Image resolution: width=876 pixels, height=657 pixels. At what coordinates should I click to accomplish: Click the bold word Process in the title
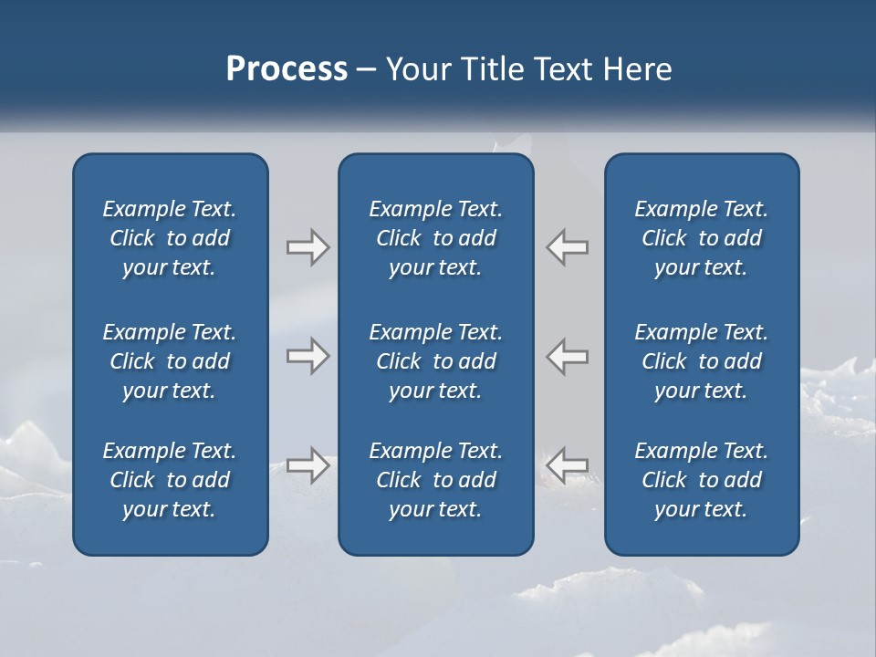click(x=287, y=69)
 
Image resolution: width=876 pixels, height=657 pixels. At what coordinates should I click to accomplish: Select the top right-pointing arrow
click(x=308, y=247)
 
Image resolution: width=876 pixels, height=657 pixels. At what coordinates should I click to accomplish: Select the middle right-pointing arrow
click(x=308, y=356)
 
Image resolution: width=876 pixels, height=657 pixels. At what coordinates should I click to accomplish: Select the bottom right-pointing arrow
click(x=308, y=466)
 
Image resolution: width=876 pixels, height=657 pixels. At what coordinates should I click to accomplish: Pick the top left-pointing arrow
click(x=568, y=247)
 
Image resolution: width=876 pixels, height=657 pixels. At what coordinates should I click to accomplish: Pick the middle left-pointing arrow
click(x=568, y=356)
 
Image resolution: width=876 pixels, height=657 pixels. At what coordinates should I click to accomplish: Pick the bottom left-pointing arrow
click(x=568, y=464)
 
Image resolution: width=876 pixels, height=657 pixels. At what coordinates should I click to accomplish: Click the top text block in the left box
click(x=170, y=238)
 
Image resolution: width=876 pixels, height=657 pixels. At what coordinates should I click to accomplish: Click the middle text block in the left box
click(x=170, y=361)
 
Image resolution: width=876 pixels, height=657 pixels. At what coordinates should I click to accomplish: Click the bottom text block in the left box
click(x=170, y=480)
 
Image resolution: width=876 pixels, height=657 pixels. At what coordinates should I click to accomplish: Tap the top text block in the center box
click(x=435, y=238)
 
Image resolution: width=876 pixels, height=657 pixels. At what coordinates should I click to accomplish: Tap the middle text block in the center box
click(x=435, y=361)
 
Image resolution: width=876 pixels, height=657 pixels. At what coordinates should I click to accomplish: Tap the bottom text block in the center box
click(x=435, y=480)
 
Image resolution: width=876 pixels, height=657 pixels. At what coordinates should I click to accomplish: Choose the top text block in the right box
click(x=701, y=238)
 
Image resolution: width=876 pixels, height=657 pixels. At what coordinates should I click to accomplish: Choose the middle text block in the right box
click(x=701, y=361)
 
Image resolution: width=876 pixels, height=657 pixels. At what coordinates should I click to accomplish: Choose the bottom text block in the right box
click(x=701, y=480)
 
